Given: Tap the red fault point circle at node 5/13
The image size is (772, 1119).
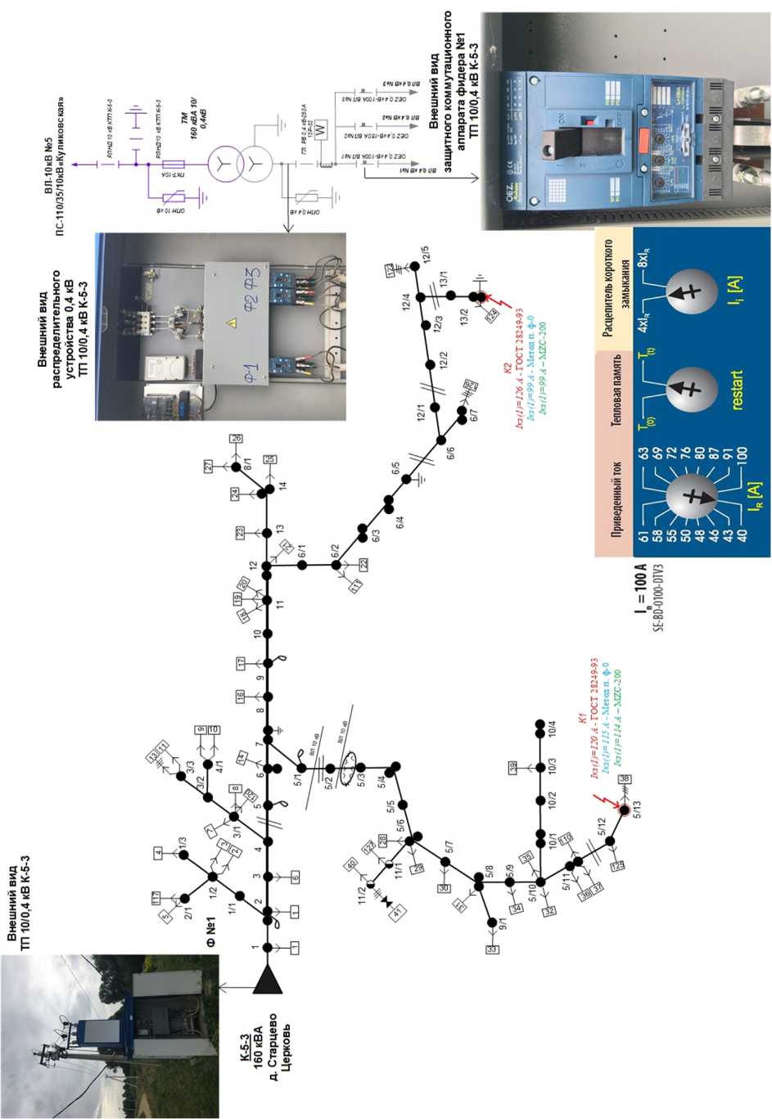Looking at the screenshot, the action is pyautogui.click(x=624, y=810).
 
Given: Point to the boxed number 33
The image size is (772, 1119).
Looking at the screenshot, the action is pyautogui.click(x=491, y=950).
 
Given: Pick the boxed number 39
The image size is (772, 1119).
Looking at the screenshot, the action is pyautogui.click(x=513, y=767).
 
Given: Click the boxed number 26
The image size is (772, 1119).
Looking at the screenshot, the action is pyautogui.click(x=237, y=439).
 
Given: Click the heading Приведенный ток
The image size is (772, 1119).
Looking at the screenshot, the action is pyautogui.click(x=616, y=501).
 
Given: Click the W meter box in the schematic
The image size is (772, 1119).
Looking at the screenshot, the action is pyautogui.click(x=321, y=129).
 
